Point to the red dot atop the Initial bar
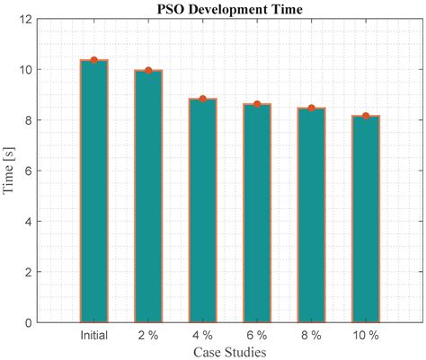pyautogui.click(x=93, y=60)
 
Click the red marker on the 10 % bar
pyautogui.click(x=365, y=116)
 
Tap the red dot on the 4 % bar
pyautogui.click(x=202, y=99)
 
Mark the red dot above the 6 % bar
pyautogui.click(x=257, y=104)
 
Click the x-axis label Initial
pyautogui.click(x=93, y=335)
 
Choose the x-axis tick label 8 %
pyautogui.click(x=311, y=335)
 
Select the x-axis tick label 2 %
pyautogui.click(x=148, y=335)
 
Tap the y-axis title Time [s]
pyautogui.click(x=9, y=171)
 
